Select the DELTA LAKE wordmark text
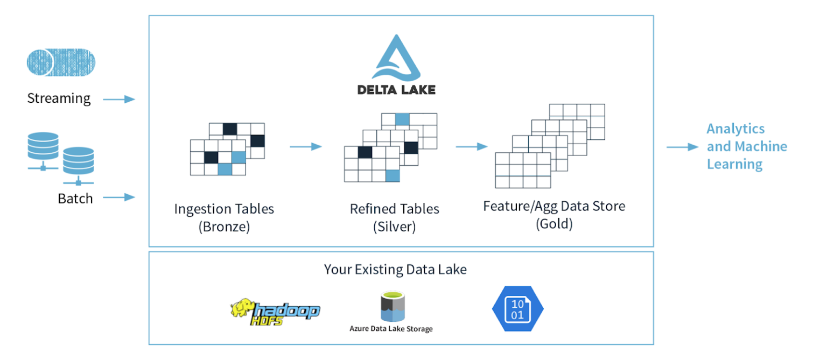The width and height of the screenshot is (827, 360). (x=396, y=90)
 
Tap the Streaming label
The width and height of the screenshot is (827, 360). (x=59, y=98)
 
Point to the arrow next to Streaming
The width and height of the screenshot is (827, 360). (x=118, y=99)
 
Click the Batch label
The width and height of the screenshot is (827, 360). (x=75, y=199)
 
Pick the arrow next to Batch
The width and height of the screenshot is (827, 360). (x=118, y=197)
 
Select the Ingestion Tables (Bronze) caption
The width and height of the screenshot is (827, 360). (x=224, y=217)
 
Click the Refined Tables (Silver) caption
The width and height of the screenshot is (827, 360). (x=395, y=217)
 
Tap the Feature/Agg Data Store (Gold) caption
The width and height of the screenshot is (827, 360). (x=554, y=214)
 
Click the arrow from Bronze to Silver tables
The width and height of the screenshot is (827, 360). (x=305, y=146)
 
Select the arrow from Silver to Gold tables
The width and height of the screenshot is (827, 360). (x=472, y=146)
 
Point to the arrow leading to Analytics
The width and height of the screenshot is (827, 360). (x=682, y=146)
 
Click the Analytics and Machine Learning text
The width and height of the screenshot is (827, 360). (x=746, y=146)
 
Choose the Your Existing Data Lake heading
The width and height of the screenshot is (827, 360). (x=395, y=269)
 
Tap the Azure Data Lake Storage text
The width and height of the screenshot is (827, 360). (x=391, y=328)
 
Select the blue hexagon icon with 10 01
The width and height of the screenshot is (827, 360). (x=517, y=309)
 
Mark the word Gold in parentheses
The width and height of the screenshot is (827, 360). (x=554, y=224)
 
